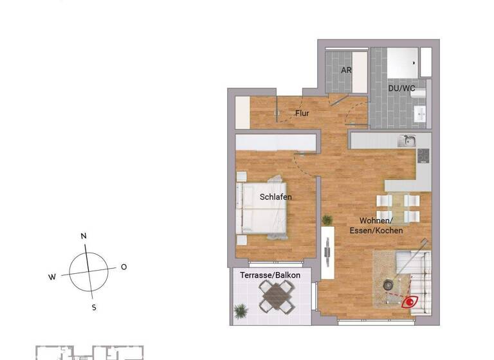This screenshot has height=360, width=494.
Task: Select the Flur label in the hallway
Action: (x=302, y=114)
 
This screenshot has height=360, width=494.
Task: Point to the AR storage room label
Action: (x=346, y=70)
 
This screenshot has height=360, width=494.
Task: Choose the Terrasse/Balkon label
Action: (x=270, y=275)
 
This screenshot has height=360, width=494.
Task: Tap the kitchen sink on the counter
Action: (x=406, y=141)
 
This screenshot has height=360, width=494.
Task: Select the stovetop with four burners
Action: (x=423, y=156)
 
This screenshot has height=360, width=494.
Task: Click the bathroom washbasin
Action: (x=421, y=115)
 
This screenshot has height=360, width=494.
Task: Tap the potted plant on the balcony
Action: (x=241, y=312)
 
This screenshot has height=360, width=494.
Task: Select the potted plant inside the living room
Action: (x=327, y=221)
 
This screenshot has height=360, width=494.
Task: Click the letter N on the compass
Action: (x=84, y=237)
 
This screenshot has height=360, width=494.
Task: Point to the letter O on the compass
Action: (x=123, y=267)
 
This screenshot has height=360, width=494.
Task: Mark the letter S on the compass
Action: (x=94, y=307)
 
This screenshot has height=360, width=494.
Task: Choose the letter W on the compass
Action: (x=52, y=278)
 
